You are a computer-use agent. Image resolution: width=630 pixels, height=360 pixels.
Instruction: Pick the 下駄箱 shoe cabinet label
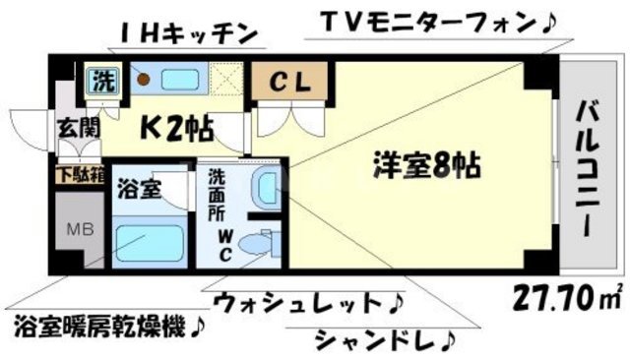click(x=74, y=176)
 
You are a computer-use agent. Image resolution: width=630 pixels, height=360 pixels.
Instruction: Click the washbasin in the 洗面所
click(x=263, y=187)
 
